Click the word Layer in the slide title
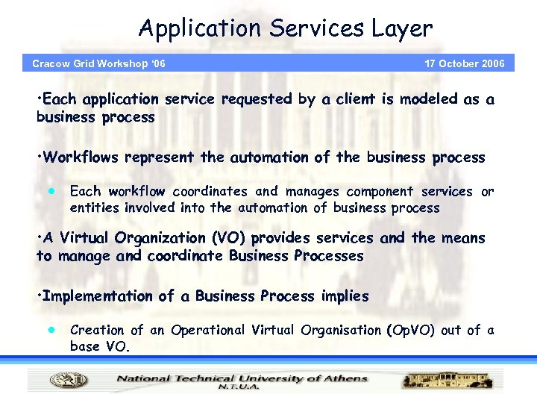coord(404,29)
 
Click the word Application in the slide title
coord(189,29)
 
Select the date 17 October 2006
coord(464,63)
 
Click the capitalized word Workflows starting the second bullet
coord(81,157)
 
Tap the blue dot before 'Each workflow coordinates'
coord(51,191)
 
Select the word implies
coord(344,296)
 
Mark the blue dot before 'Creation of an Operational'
coord(51,329)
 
